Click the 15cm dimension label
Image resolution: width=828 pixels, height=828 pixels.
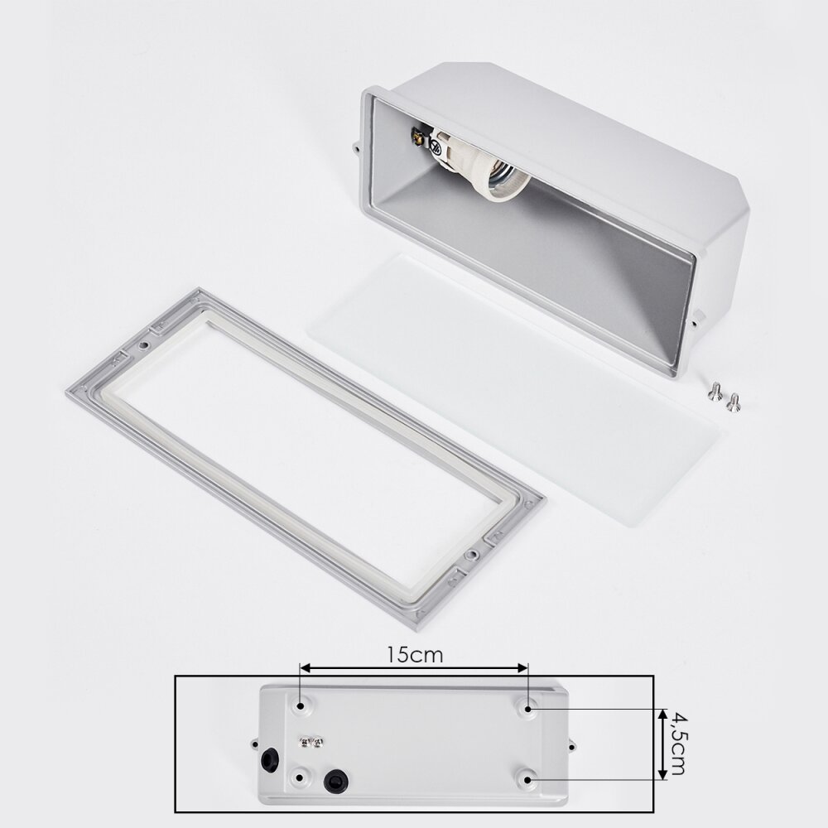tap(415, 655)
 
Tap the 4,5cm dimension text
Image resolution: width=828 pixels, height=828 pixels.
tap(676, 744)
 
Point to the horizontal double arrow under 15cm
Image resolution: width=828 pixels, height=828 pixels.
tap(414, 668)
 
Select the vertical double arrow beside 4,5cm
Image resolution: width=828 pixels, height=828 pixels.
tap(662, 744)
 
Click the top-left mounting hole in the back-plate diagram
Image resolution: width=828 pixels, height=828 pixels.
tap(301, 705)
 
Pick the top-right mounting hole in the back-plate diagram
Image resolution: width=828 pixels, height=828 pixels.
tap(528, 707)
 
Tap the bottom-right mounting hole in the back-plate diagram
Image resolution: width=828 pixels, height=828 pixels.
tap(527, 779)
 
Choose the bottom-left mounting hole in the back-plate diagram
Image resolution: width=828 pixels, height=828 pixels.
tap(300, 777)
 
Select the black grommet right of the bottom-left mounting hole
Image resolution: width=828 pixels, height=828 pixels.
tap(335, 779)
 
